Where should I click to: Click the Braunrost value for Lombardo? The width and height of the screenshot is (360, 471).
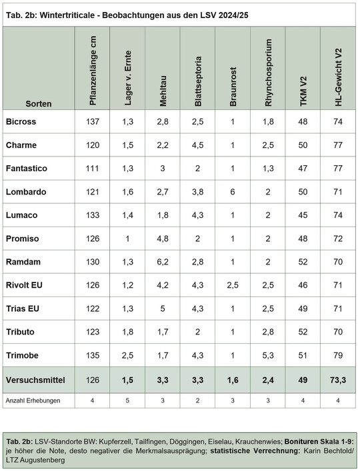233,192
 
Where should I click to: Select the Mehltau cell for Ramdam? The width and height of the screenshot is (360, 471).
163,262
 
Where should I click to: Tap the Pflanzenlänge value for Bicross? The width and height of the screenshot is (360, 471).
92,122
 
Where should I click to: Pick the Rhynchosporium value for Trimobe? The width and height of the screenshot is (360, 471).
268,355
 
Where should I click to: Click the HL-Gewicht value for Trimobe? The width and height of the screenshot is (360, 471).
338,355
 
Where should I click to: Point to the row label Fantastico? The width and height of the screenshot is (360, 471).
27,168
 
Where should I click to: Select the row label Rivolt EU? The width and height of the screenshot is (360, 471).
24,284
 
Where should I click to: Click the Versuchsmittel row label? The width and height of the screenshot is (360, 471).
35,380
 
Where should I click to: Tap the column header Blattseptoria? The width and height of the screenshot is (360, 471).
198,81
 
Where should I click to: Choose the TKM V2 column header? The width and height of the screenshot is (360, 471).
303,91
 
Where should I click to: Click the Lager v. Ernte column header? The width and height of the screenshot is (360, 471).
128,78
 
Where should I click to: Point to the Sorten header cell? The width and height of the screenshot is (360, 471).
39,104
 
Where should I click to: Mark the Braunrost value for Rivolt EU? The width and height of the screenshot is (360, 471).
233,285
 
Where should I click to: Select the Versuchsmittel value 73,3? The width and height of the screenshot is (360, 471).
338,380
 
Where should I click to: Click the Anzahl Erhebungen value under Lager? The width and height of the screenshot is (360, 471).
127,400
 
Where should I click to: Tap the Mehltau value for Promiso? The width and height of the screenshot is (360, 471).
163,238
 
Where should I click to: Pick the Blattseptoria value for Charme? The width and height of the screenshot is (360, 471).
198,145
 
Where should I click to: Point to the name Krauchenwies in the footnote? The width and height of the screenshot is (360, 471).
259,442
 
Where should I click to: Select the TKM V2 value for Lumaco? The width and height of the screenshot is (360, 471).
303,215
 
